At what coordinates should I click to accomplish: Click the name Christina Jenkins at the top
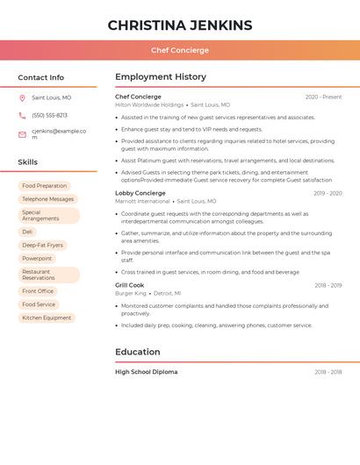[180, 25]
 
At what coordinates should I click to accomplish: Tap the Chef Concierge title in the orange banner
[180, 51]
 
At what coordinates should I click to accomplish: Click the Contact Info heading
[41, 77]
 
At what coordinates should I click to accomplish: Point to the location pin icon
[22, 98]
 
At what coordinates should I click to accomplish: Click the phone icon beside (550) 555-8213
[22, 116]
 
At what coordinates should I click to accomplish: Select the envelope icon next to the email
[22, 134]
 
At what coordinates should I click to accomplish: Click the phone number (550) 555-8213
[50, 116]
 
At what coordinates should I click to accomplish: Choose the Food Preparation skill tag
[45, 186]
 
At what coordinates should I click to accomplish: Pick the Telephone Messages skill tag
[48, 199]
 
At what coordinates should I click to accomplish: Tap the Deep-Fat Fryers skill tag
[43, 246]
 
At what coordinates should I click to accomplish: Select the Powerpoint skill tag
[37, 259]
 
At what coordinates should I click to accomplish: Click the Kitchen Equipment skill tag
[47, 318]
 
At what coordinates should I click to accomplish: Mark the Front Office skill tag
[38, 291]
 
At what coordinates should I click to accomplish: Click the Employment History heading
[161, 77]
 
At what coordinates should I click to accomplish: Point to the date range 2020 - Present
[323, 97]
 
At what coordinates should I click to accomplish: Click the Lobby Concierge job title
[140, 193]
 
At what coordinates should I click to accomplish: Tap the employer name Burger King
[131, 294]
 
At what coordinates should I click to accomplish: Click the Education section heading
[138, 353]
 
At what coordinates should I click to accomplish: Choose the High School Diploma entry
[147, 372]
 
